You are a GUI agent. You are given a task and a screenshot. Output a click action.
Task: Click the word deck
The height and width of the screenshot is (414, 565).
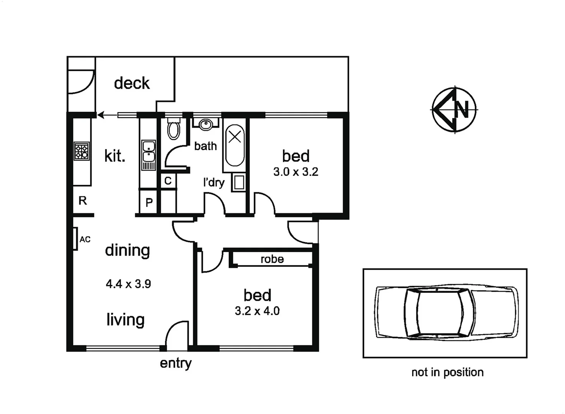131,83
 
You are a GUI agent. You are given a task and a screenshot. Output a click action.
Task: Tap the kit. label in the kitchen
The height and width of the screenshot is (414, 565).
115,156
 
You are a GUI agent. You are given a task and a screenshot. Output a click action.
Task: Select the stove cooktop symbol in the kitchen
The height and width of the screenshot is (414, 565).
82,151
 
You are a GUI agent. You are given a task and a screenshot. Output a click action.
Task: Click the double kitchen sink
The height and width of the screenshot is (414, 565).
148,152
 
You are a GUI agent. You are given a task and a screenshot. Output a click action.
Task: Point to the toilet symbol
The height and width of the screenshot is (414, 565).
174,130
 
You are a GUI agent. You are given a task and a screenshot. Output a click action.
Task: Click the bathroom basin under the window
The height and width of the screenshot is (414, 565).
206,124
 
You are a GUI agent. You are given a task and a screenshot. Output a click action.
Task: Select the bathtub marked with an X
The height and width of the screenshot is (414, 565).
235,145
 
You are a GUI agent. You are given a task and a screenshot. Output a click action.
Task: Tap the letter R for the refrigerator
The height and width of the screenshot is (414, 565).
83,200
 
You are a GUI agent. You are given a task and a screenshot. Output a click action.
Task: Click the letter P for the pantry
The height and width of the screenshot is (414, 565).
149,202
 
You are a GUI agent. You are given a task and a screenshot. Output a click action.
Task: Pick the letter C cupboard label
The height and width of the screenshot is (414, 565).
168,181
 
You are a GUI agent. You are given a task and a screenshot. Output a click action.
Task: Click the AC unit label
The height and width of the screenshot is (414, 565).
85,240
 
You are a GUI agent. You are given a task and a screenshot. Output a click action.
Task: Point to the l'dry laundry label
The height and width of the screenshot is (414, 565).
214,182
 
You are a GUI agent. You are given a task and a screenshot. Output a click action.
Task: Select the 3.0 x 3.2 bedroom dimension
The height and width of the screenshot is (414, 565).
296,172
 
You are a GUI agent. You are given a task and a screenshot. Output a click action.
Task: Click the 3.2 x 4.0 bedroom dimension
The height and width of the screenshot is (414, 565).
257,311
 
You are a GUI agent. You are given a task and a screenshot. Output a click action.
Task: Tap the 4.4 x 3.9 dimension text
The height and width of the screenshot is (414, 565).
128,284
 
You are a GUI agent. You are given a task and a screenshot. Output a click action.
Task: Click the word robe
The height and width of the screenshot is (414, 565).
272,260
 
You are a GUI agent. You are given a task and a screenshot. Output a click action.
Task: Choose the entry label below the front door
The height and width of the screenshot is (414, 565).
176,363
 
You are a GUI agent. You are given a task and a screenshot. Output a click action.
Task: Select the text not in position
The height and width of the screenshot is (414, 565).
447,372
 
